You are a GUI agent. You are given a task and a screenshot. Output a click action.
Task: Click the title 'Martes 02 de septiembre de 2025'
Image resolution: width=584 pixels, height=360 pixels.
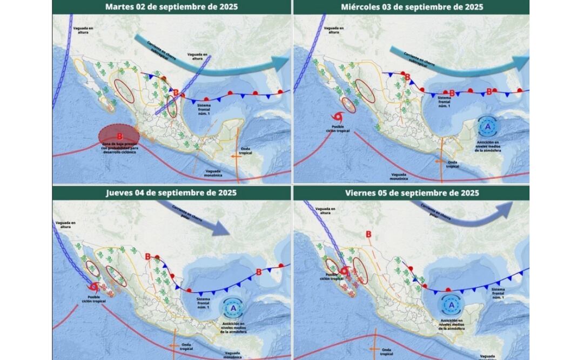pos(171,7)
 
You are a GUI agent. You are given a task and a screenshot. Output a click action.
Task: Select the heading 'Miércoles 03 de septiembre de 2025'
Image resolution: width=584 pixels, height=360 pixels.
pos(412,7)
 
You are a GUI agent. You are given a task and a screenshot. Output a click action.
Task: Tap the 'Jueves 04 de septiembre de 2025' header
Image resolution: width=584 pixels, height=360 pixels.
pos(171,192)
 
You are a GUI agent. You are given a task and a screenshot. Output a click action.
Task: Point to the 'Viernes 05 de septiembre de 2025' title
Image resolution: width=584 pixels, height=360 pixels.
pos(412,192)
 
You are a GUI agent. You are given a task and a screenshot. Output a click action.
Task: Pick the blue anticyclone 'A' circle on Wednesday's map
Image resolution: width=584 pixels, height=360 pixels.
pos(488,126)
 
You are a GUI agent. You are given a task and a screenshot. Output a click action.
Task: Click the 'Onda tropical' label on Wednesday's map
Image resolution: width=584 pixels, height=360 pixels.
pos(452,164)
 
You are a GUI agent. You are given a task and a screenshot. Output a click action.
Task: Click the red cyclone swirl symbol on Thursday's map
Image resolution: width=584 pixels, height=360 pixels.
pos(95,286)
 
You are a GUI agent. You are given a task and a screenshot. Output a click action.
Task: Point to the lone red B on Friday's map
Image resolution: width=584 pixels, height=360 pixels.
pos(368,234)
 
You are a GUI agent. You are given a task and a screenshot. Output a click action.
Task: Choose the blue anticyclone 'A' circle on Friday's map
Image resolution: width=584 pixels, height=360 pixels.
pos(451,305)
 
